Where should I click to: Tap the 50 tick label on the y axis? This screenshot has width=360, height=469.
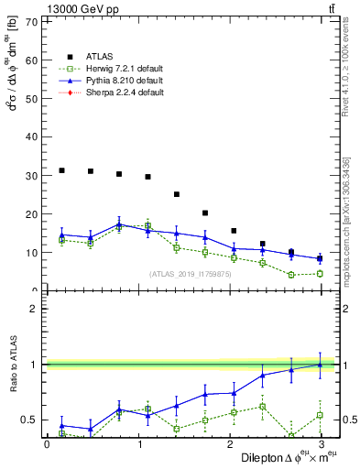click(x=33, y=98)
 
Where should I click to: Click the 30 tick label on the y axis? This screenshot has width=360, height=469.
click(x=33, y=176)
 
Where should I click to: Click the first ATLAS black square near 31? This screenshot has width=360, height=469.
click(x=61, y=170)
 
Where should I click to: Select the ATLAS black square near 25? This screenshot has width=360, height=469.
click(x=177, y=194)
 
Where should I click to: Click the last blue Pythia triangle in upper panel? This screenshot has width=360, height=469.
click(x=320, y=258)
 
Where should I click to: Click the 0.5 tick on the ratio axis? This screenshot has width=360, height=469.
click(x=31, y=420)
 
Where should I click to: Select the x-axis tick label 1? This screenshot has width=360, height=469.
click(x=138, y=444)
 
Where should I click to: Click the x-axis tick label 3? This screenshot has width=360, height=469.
click(x=322, y=444)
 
